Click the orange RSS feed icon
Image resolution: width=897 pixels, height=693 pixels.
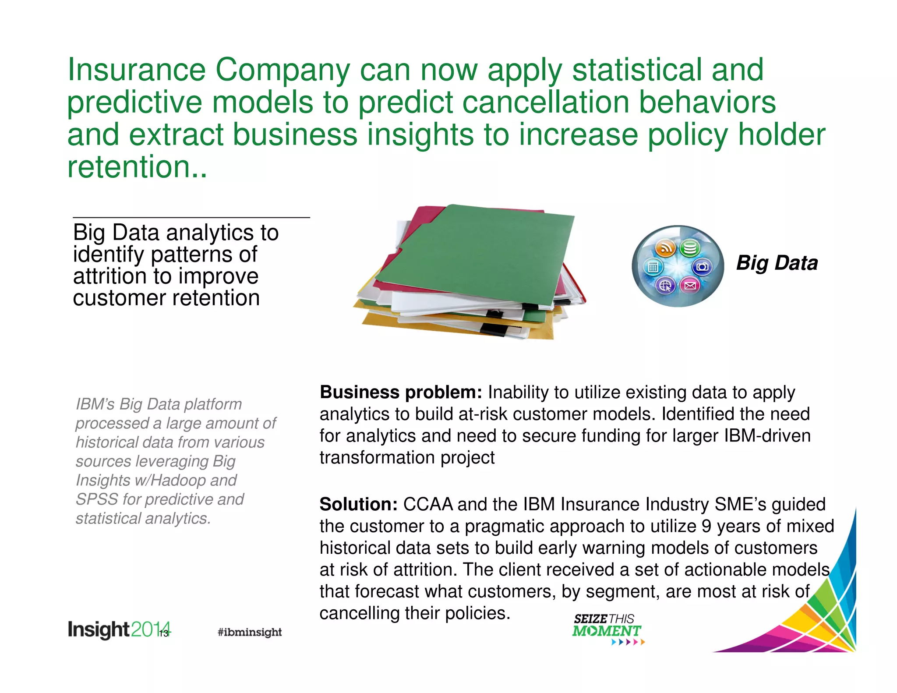(665, 248)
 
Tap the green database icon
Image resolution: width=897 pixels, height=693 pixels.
(690, 248)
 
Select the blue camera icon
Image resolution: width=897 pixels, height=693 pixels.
(702, 267)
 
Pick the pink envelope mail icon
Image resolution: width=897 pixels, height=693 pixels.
(690, 286)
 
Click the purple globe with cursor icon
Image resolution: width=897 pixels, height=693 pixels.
(665, 286)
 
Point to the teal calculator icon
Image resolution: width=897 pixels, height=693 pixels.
(653, 267)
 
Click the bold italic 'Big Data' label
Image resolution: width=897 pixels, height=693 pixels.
(777, 263)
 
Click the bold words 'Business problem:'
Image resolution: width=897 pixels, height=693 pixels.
(401, 392)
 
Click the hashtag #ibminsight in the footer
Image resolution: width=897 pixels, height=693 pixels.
(250, 632)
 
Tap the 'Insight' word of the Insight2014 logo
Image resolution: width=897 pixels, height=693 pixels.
(98, 630)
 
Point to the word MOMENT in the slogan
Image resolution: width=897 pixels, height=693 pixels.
(606, 631)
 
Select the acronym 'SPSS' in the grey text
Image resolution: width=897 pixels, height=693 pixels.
(97, 499)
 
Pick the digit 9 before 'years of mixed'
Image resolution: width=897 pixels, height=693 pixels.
(706, 526)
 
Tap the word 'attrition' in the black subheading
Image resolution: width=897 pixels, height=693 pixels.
(110, 276)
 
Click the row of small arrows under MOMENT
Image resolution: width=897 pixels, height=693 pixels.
(628, 642)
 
